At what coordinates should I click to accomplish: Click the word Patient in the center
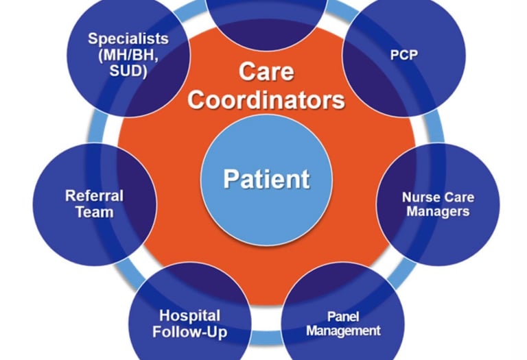coord(266,179)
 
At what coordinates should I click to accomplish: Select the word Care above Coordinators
coord(266,71)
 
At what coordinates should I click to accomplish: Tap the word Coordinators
coord(266,100)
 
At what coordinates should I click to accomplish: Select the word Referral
coord(94,195)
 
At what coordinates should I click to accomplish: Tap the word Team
coord(94,212)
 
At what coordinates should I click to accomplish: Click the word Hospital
coord(190,316)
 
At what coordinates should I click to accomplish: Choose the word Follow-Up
coord(190,333)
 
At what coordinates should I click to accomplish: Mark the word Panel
coord(343,316)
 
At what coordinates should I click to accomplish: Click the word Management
coord(343,331)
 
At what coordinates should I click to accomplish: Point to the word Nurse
coord(419,197)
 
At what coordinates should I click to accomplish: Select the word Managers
coord(437,211)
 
